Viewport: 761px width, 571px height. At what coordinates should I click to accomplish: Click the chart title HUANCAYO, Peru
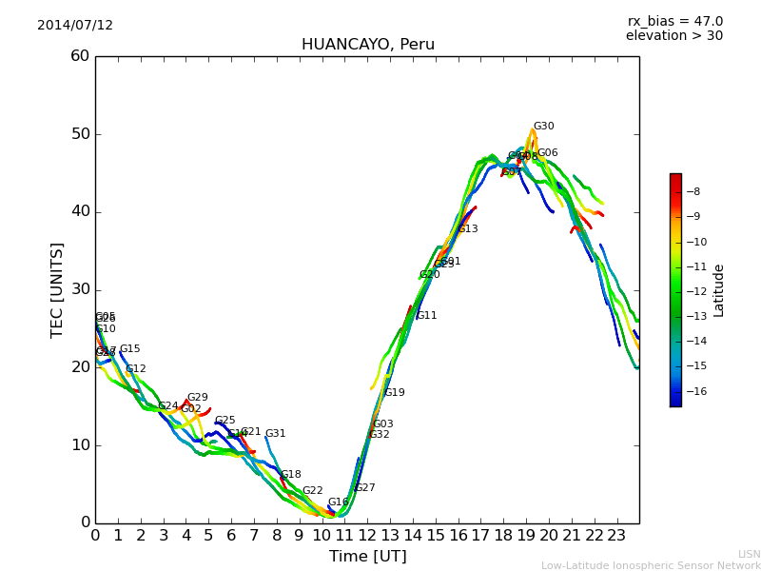(x=367, y=45)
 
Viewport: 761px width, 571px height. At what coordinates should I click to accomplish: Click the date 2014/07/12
(x=75, y=26)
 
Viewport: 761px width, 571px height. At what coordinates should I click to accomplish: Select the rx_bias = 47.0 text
(x=674, y=22)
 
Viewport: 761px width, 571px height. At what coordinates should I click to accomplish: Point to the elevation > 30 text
(x=673, y=36)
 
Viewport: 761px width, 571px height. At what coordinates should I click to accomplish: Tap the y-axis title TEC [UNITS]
(x=57, y=289)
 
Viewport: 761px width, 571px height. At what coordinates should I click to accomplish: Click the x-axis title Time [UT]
(x=367, y=556)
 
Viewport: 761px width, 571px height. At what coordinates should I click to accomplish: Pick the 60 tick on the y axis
(x=80, y=56)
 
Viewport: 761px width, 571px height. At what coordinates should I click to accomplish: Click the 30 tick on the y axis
(x=80, y=289)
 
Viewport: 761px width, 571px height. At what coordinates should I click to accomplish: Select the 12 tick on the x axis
(x=367, y=535)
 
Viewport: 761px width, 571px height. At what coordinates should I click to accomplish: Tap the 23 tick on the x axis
(x=616, y=535)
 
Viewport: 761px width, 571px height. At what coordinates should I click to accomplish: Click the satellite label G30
(x=543, y=127)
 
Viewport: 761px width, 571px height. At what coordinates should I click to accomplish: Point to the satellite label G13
(x=468, y=229)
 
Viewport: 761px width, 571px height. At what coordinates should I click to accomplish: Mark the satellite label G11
(x=426, y=316)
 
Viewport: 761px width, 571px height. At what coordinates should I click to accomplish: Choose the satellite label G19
(x=394, y=393)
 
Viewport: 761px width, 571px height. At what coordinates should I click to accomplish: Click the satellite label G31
(x=275, y=434)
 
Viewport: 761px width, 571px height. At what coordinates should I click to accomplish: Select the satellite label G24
(x=167, y=406)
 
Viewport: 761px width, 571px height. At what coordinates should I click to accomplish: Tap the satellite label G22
(x=312, y=491)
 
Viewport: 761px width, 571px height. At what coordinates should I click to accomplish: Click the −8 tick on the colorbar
(x=693, y=191)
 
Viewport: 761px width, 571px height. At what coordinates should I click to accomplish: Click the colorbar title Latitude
(x=719, y=290)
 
